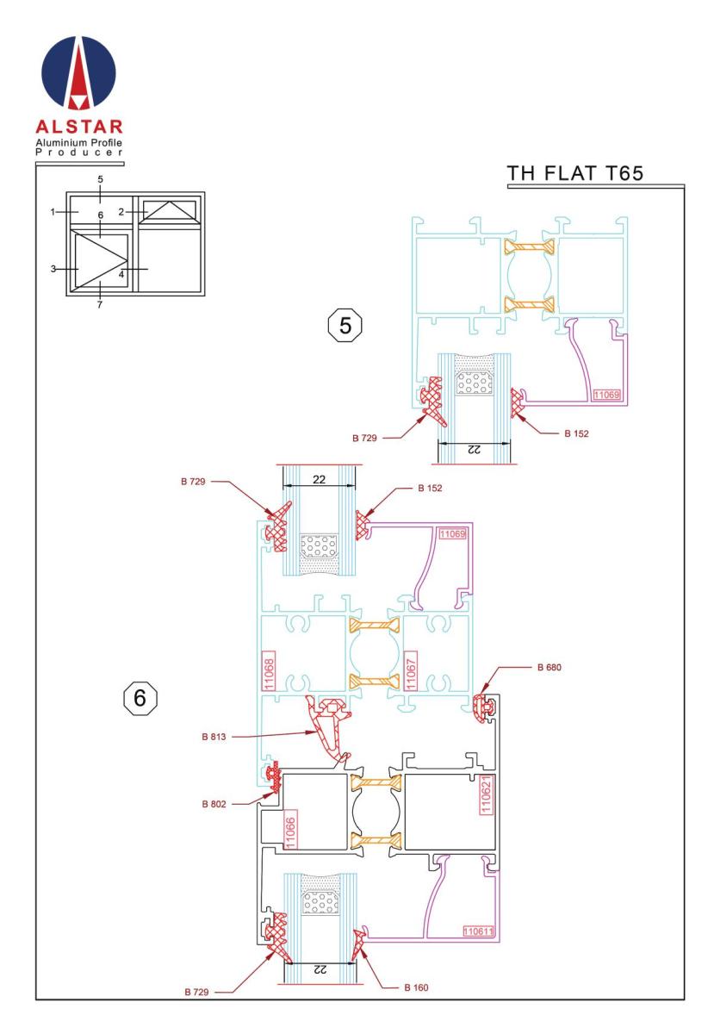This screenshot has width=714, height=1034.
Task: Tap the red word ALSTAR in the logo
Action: pyautogui.click(x=81, y=128)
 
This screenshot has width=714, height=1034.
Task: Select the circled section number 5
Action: pyautogui.click(x=346, y=326)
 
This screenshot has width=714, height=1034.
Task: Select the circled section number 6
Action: pyautogui.click(x=140, y=697)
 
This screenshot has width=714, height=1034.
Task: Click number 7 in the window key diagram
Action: pyautogui.click(x=100, y=304)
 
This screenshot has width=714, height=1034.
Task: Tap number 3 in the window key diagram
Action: pyautogui.click(x=53, y=269)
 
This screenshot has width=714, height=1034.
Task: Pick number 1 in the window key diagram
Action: pyautogui.click(x=53, y=211)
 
